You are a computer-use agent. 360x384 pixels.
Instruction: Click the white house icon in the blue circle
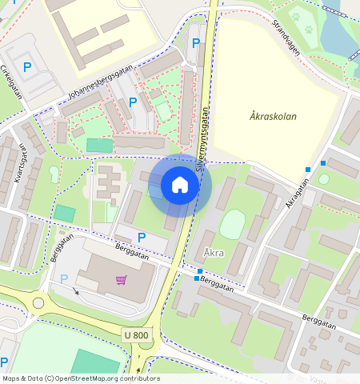[x=180, y=186]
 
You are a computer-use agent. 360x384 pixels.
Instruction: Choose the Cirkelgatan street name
[x=11, y=81]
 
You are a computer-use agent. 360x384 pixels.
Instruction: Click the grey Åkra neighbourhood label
[x=214, y=254]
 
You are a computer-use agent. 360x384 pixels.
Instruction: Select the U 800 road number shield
[x=137, y=334]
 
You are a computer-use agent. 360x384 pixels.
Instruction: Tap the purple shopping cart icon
[x=122, y=280]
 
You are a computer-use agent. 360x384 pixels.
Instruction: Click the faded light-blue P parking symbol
[x=64, y=279]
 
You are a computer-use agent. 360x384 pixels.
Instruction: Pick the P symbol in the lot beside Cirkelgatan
[x=28, y=68]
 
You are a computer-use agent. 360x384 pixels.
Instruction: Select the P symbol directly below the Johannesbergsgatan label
[x=133, y=102]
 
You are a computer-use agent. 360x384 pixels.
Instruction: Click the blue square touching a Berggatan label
[x=197, y=278]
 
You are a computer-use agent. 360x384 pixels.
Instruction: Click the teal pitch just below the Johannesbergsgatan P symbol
[x=100, y=146]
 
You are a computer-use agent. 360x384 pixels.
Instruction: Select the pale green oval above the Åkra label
[x=232, y=223]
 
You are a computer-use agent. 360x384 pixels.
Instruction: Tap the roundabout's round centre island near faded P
[x=38, y=303]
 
